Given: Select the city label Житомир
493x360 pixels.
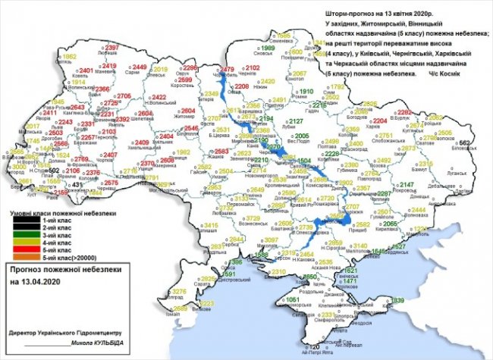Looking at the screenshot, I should click(184, 117).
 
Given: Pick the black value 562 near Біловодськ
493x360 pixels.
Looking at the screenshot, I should click(465, 143).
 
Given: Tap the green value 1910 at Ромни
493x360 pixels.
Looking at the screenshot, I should click(305, 91).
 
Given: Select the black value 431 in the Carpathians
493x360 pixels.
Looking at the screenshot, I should click(77, 184).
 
